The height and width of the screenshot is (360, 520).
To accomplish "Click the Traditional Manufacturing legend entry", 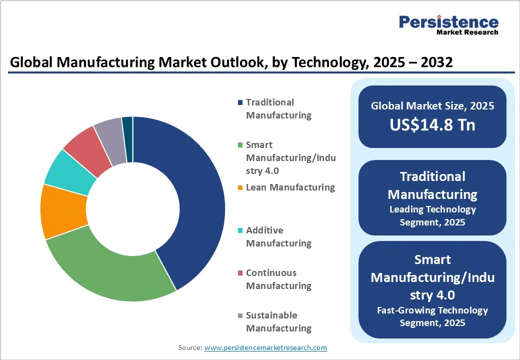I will tap(278, 109).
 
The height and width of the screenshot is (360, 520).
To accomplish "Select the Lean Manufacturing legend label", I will tap(290, 187).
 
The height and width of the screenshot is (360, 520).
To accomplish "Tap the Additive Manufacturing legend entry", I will tap(278, 237).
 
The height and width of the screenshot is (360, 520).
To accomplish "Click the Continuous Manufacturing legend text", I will tap(278, 279).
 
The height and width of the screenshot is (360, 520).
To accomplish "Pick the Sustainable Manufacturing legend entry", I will tap(278, 322).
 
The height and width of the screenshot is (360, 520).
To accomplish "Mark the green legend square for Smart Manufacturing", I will tap(240, 145).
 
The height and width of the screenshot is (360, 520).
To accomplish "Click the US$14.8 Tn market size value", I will tap(432, 125).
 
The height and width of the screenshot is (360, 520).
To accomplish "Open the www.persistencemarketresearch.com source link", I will tap(265, 347).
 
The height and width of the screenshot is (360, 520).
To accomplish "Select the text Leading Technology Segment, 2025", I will tap(432, 215).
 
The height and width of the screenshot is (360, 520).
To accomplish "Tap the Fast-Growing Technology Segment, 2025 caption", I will tap(432, 316).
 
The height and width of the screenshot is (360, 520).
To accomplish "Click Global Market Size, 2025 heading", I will tap(432, 105).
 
